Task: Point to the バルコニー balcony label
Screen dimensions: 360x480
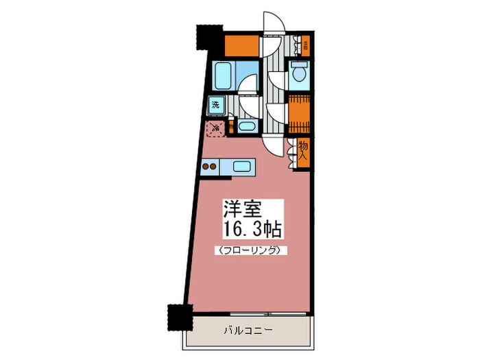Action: [249, 330]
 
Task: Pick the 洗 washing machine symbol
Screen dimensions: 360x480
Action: [216, 106]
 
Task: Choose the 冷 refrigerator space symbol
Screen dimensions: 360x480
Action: [215, 128]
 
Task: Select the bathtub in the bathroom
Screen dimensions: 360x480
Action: [222, 73]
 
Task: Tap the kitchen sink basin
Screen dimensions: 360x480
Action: [243, 166]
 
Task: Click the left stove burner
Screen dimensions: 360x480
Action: [206, 166]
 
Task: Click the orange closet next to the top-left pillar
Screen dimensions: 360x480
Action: [241, 47]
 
